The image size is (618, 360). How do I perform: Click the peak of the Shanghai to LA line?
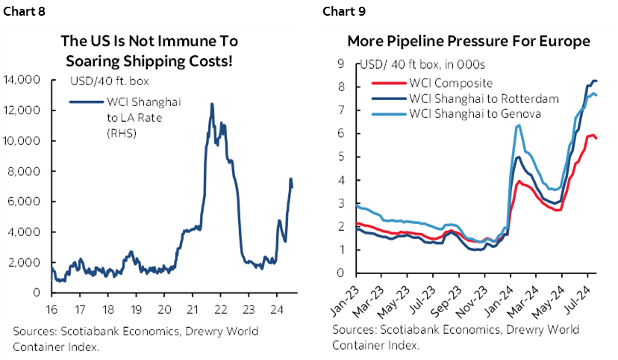[212, 105]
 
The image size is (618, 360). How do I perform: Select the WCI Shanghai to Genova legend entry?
[455, 114]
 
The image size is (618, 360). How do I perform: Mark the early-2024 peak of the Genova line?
[518, 125]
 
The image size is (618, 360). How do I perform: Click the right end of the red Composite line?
[596, 138]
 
